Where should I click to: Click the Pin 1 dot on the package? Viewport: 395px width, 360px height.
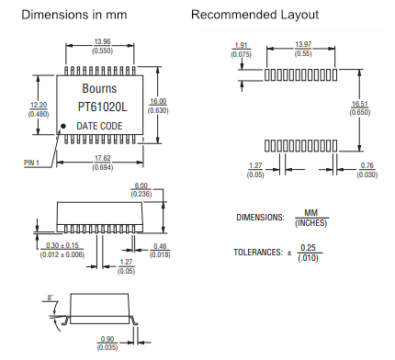point(63,126)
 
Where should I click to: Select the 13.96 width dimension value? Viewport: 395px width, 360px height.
point(102,41)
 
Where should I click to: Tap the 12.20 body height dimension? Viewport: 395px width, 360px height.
point(39,105)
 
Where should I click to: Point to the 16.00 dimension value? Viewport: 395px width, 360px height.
point(158,101)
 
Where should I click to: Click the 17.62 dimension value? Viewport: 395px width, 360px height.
point(103,158)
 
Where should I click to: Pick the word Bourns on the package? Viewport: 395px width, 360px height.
point(99,88)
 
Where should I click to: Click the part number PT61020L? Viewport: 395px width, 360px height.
point(102,107)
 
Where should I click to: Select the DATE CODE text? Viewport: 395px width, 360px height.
point(99,126)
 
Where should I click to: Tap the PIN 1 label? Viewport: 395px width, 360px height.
point(31,163)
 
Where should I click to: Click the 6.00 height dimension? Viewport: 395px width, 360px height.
point(141,186)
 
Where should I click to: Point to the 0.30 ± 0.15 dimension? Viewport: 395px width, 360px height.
point(62,245)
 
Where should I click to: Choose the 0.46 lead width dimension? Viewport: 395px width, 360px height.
point(160,246)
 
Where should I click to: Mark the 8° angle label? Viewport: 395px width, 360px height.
point(51,298)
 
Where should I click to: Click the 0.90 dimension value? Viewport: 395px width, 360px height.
point(107,339)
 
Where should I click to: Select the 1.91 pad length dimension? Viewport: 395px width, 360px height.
point(241,45)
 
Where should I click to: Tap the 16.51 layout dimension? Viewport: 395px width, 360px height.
point(360,104)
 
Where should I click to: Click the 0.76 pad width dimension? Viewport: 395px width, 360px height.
point(367,165)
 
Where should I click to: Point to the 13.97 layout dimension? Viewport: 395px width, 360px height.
point(303,44)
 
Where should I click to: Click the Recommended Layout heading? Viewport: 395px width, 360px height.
point(255,15)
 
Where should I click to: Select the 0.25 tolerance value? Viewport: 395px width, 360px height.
point(308,248)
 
